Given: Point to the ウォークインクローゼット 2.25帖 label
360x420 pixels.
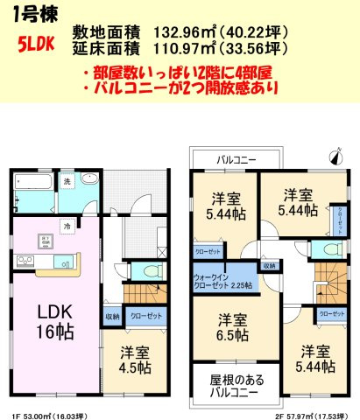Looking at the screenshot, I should (x=221, y=278).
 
